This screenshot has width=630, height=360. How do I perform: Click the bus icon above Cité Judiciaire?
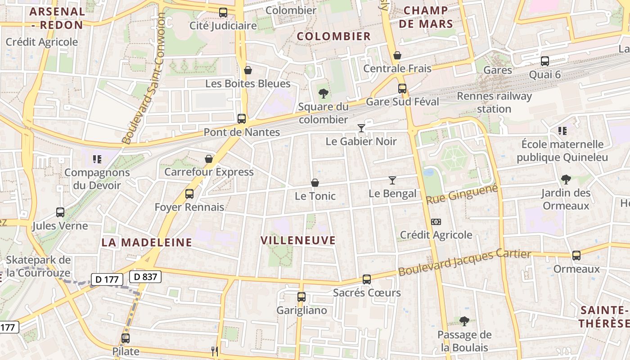pyautogui.click(x=223, y=13)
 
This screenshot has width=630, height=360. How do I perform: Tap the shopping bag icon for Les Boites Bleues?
pyautogui.click(x=248, y=71)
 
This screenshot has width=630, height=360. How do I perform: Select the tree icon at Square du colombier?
pyautogui.click(x=323, y=94)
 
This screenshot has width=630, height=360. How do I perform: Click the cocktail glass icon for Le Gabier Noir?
pyautogui.click(x=361, y=128)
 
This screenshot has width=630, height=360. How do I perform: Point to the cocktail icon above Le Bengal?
pyautogui.click(x=392, y=180)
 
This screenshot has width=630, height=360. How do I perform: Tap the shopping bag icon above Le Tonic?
pyautogui.click(x=315, y=183)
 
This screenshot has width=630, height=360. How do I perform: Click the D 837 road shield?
pyautogui.click(x=145, y=276)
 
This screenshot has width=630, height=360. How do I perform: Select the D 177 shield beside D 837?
pyautogui.click(x=107, y=279)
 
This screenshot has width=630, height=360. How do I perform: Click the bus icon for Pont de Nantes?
pyautogui.click(x=242, y=119)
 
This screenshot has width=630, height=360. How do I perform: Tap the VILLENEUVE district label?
pyautogui.click(x=298, y=240)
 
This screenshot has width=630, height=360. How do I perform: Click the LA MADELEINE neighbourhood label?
pyautogui.click(x=147, y=242)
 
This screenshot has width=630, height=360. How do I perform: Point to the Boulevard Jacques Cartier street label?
pyautogui.click(x=464, y=262)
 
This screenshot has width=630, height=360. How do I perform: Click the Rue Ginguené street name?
pyautogui.click(x=462, y=194)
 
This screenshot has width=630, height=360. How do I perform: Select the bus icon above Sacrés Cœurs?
pyautogui.click(x=367, y=279)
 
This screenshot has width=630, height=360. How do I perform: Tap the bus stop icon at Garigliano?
pyautogui.click(x=301, y=297)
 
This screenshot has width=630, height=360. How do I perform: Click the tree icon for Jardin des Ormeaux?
pyautogui.click(x=566, y=180)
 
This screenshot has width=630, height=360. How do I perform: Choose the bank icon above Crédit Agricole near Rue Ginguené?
pyautogui.click(x=436, y=222)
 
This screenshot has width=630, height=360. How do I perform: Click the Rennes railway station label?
pyautogui.click(x=494, y=102)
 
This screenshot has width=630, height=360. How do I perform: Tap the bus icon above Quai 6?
pyautogui.click(x=545, y=61)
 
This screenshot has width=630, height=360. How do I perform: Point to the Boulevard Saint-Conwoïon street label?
pyautogui.click(x=143, y=79)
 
